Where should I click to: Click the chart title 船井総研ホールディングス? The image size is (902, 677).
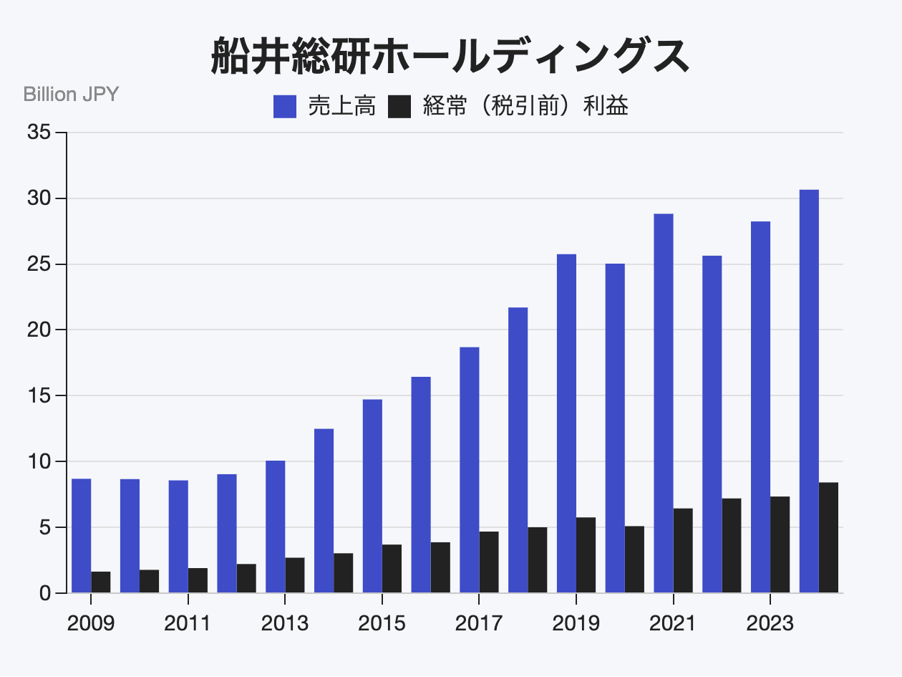[x=450, y=57]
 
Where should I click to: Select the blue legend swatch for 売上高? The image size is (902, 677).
[x=285, y=107]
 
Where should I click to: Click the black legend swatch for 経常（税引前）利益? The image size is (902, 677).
[x=399, y=107]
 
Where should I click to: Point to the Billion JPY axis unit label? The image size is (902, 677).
[x=71, y=95]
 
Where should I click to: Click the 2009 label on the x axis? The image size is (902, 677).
[x=91, y=623]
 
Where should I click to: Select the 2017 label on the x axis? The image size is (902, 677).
[x=479, y=623]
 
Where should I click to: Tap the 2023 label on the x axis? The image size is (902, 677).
[x=770, y=623]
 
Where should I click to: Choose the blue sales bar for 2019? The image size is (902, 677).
[x=566, y=423]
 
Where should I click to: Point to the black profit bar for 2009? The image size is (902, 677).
[x=101, y=582]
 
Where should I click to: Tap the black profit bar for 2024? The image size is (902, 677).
[x=828, y=537]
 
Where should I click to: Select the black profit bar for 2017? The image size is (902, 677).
[x=489, y=562]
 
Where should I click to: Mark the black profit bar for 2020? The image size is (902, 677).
[x=634, y=560]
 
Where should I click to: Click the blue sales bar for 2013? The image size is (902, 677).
[x=275, y=527]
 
